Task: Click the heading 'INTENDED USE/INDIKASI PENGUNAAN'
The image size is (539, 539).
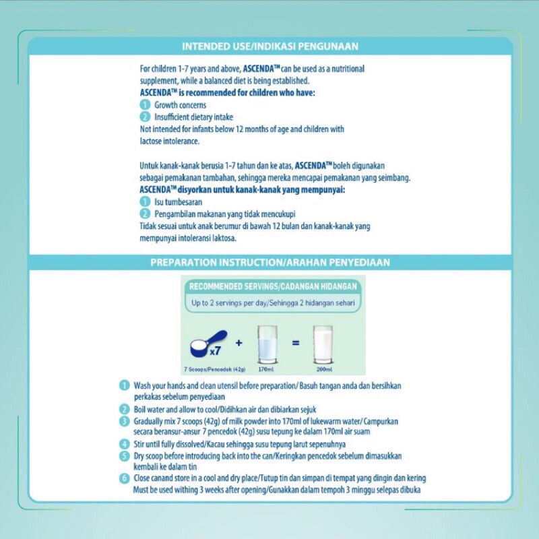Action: click(269, 46)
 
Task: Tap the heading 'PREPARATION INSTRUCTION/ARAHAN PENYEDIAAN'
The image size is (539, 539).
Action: click(269, 262)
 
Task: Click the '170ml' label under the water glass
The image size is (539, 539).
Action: click(268, 369)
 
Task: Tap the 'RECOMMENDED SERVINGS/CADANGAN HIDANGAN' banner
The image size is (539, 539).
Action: click(273, 286)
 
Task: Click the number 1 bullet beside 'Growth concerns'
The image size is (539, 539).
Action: click(144, 106)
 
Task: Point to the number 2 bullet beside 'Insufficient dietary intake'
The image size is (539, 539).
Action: click(144, 117)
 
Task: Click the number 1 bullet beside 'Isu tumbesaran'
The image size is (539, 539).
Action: click(144, 201)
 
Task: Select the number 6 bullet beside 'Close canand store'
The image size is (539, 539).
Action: click(124, 479)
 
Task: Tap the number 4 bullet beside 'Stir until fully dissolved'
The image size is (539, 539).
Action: click(124, 444)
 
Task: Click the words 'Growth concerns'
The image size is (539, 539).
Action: click(181, 106)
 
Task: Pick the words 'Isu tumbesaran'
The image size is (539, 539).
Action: click(179, 201)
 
